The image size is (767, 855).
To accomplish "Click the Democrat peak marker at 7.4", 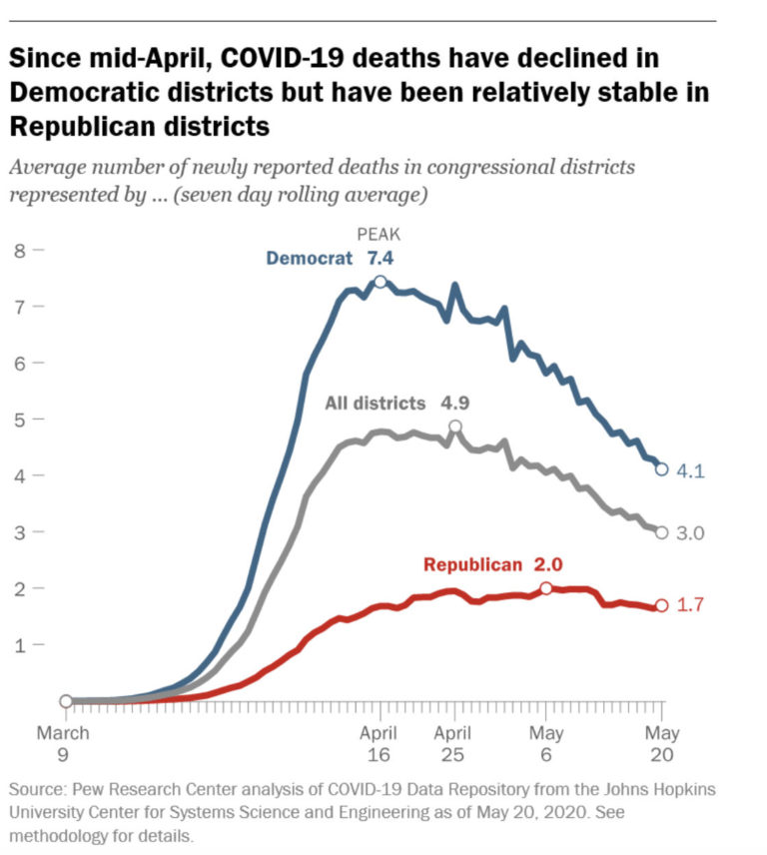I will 380,282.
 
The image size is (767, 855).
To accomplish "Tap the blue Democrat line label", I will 309,258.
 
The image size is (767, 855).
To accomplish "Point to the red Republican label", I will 472,564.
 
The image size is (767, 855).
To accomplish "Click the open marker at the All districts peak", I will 455,427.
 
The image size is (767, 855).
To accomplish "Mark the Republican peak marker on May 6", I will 546,588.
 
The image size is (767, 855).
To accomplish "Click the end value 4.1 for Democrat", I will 689,470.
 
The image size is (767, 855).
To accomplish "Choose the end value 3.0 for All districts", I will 689,533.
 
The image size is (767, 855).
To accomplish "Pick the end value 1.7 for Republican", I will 689,605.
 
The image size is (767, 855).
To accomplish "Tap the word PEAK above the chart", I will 380,235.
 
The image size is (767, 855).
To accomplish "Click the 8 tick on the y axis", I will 19,250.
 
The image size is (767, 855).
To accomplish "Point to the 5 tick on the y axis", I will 19,419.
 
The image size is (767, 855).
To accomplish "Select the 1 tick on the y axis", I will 19,645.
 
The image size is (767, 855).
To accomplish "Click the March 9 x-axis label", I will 64,744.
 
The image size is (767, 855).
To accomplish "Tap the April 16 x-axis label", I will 380,744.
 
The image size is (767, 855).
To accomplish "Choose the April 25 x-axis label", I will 455,744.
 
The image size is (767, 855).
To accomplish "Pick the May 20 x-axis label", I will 660,744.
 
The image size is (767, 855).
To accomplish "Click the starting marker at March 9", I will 66,701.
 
